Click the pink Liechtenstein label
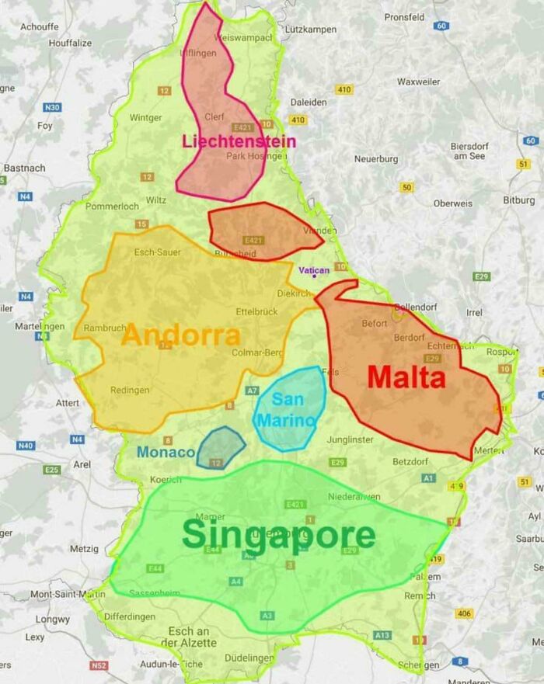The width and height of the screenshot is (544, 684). tap(239, 141)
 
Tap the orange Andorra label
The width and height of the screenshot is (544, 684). tap(181, 335)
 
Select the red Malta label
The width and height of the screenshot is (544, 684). tap(406, 377)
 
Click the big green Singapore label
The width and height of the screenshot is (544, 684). tap(278, 536)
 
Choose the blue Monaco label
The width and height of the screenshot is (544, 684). tap(166, 452)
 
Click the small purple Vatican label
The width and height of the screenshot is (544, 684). tap(314, 269)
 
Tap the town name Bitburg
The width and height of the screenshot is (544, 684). tap(518, 200)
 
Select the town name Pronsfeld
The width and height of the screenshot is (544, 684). tap(404, 16)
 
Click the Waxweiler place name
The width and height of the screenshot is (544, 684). tap(418, 82)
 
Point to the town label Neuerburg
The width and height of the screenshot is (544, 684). tap(375, 159)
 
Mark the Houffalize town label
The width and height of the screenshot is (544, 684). tap(70, 43)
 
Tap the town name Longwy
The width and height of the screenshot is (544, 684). tap(52, 620)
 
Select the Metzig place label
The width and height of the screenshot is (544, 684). tap(84, 549)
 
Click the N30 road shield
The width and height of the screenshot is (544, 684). tap(52, 107)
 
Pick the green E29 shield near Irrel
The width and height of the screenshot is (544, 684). tap(482, 277)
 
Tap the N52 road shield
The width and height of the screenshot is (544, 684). tap(99, 666)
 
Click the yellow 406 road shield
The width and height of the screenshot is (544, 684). tap(464, 613)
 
